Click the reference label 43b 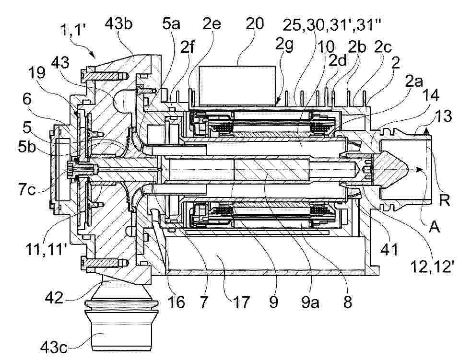(x=118, y=24)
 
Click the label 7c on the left (x=28, y=190)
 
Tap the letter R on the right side (x=445, y=200)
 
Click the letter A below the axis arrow (x=434, y=227)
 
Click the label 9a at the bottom (x=310, y=302)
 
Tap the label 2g (x=284, y=46)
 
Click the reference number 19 (x=36, y=73)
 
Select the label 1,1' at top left (x=73, y=30)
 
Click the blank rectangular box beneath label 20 (x=237, y=86)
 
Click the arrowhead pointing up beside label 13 (x=425, y=130)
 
